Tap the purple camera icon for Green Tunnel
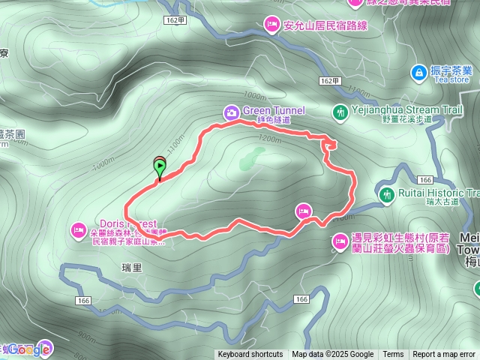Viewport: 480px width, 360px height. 232,112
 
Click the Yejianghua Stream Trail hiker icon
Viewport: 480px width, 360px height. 341,112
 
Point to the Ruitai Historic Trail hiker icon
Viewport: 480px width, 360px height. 387,195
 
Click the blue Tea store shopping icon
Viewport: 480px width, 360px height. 419,73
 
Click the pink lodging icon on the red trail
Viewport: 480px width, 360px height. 304,211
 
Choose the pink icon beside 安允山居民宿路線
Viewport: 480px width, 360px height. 271,25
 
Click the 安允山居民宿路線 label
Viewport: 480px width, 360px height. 325,25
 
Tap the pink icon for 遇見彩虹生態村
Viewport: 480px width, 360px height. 338,241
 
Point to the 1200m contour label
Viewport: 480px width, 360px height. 268,139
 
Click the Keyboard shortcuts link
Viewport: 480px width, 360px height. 250,355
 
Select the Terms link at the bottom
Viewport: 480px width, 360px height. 393,355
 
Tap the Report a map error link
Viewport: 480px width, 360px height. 444,355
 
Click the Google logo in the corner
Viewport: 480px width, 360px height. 30,349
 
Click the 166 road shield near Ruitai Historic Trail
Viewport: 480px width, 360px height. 425,180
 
